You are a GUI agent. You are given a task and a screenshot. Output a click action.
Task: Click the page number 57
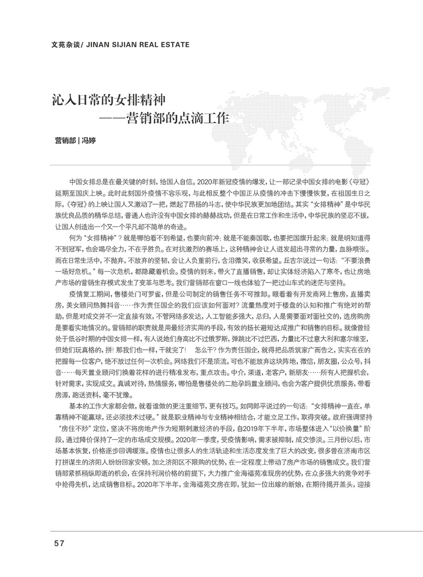tap(59, 543)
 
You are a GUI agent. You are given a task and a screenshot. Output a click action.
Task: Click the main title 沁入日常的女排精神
tap(110, 100)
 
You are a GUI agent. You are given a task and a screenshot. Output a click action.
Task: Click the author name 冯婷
tap(89, 141)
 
